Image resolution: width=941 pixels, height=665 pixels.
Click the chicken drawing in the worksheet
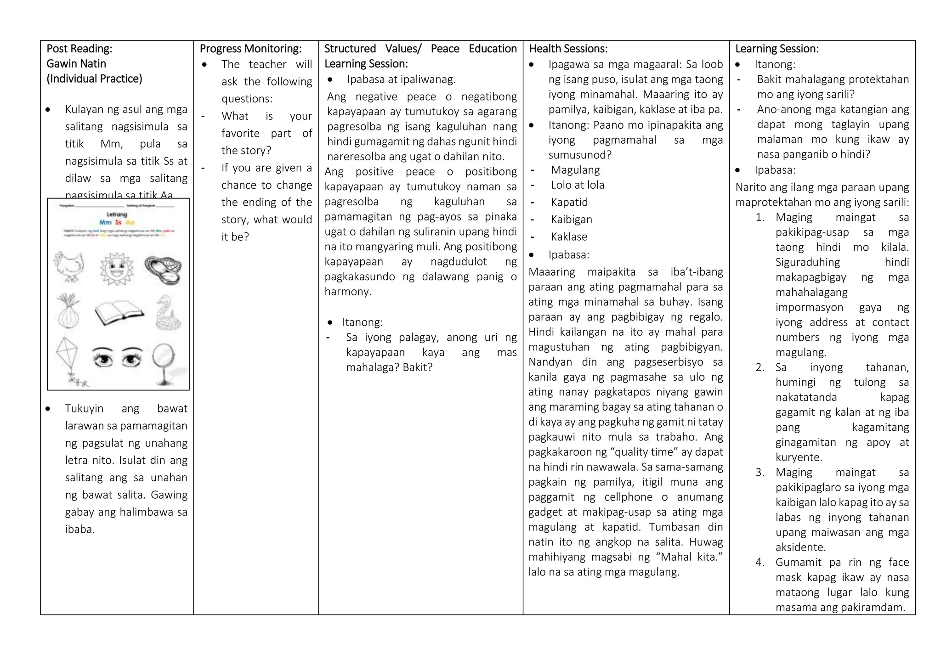pos(69,266)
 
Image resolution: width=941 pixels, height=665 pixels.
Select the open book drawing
pos(119,312)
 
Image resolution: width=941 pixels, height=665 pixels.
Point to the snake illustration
pos(168,312)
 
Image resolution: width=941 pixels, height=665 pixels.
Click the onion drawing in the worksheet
pos(68,311)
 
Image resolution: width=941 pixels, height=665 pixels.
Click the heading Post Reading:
pos(79,49)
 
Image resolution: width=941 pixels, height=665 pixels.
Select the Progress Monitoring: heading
pos(250,49)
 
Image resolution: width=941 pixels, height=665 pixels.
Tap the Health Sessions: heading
pos(568,49)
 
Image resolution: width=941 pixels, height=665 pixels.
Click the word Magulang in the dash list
pos(575,170)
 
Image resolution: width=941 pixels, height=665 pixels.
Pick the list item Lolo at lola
pos(578,185)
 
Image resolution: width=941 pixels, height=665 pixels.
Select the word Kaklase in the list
pos(569,237)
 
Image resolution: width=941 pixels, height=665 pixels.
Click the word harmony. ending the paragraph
pos(348,292)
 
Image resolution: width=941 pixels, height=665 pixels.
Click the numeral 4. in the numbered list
pos(760,563)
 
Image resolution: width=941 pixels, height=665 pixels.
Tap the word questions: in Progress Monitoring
pos(247,99)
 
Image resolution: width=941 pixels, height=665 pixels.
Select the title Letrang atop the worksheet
pos(117,214)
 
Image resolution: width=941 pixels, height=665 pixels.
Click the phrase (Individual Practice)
pos(94,79)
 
